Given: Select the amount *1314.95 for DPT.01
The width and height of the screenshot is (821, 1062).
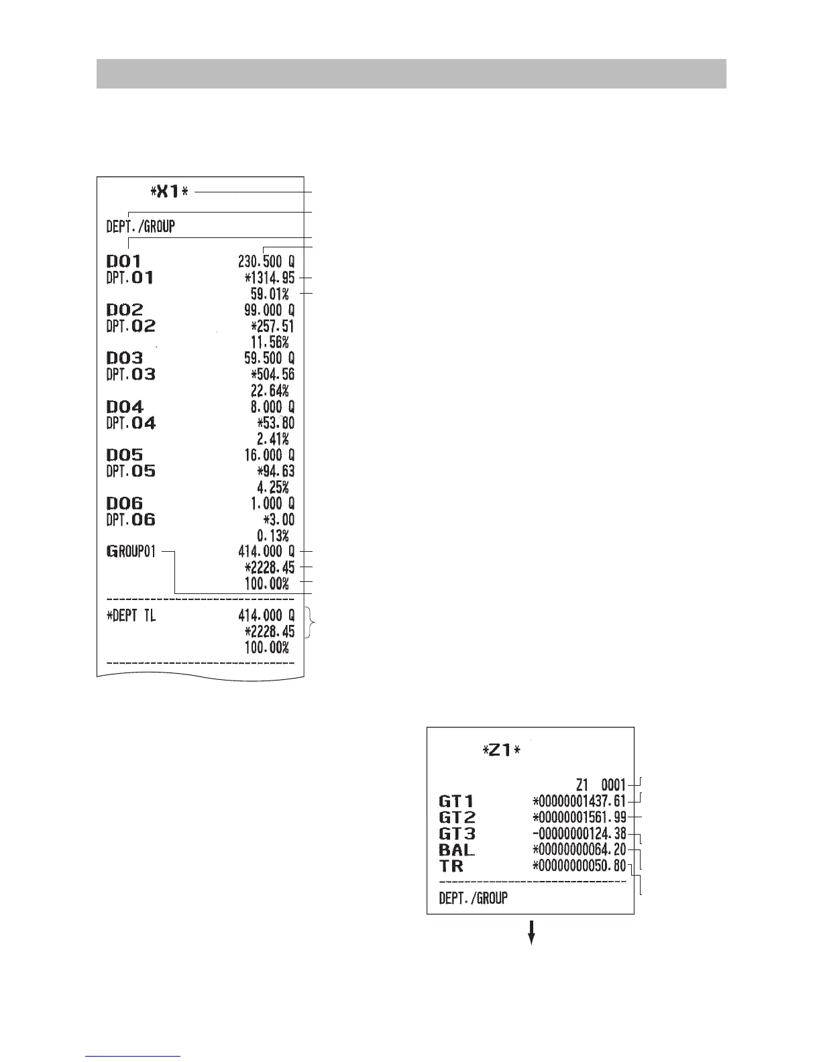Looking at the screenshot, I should point(269,278).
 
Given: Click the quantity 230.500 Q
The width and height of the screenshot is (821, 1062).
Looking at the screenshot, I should point(266,261).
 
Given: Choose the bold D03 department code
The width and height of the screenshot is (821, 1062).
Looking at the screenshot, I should point(125,359).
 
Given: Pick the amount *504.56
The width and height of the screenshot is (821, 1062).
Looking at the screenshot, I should point(272,374).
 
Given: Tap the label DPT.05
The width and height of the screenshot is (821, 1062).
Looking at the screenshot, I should point(131,471).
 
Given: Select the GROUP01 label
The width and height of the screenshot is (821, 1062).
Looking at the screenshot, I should point(131,552).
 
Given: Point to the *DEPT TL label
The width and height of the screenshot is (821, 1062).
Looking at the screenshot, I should point(131,615).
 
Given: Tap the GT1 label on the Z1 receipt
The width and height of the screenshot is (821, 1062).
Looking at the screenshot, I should point(456,801).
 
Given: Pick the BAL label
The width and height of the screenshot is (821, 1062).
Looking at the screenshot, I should point(456,850).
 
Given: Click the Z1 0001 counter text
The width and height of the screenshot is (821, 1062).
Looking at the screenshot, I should point(600,784).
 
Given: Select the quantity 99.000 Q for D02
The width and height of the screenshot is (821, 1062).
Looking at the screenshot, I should point(268,310).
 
